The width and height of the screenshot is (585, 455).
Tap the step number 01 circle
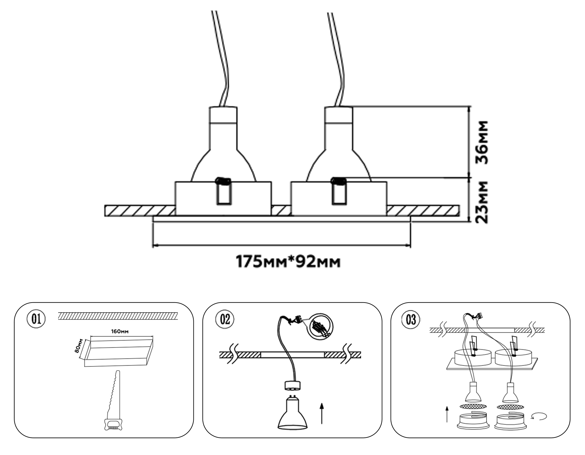36,319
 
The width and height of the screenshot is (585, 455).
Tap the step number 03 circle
411,319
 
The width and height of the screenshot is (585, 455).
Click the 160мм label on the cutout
120,331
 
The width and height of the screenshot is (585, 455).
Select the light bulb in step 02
292,413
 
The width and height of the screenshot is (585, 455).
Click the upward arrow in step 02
321,413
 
